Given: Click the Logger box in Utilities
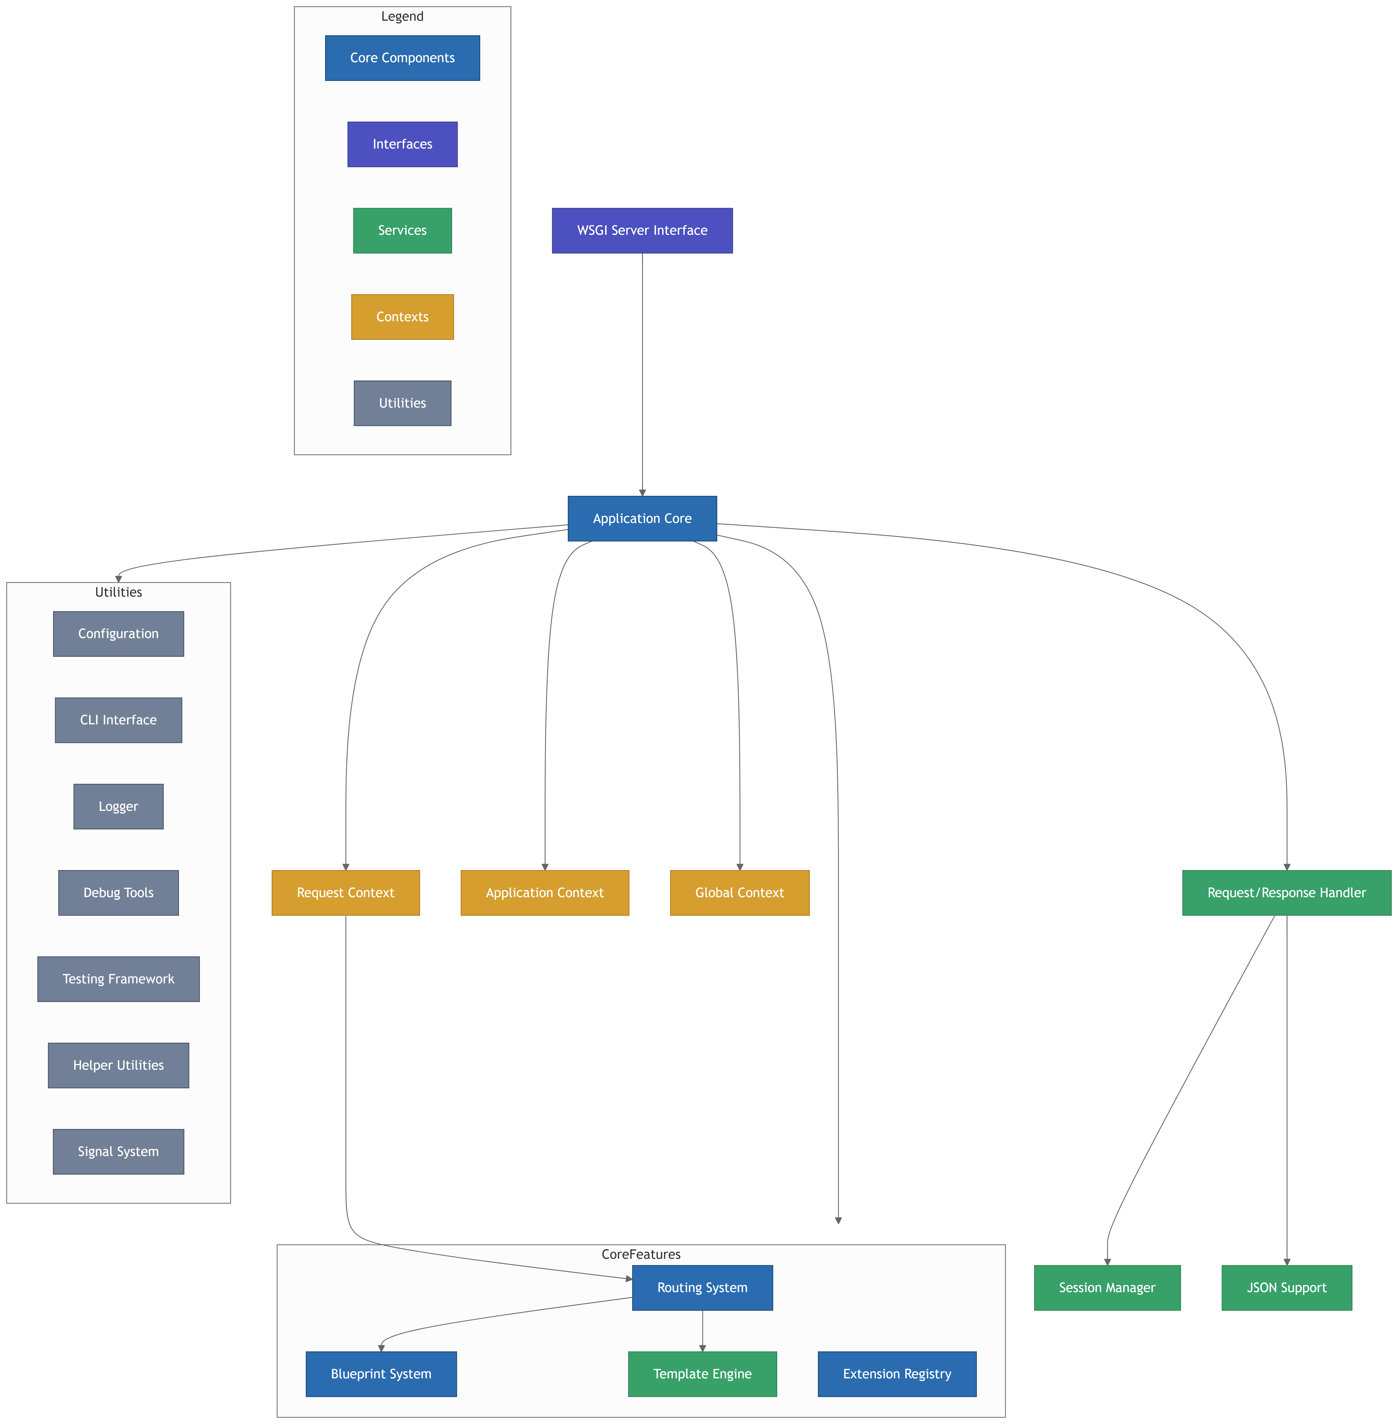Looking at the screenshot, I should point(118,806).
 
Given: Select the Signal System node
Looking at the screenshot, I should point(118,1152).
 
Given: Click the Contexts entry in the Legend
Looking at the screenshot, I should point(402,317).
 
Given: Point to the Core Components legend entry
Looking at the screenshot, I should point(402,58).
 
